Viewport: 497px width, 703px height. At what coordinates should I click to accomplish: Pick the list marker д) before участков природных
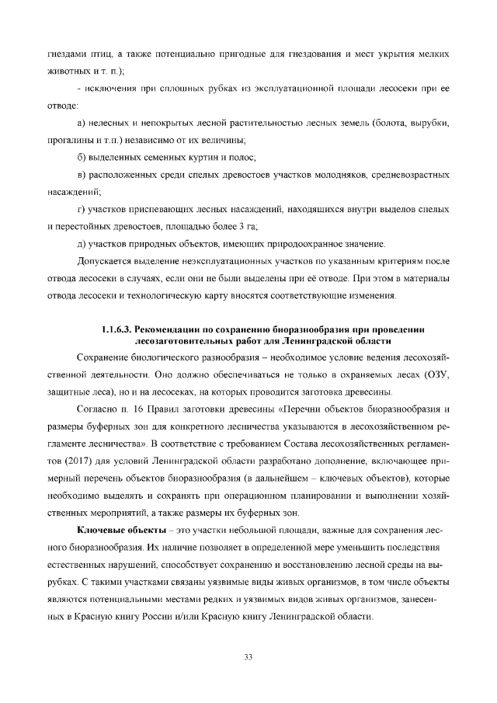pos(82,244)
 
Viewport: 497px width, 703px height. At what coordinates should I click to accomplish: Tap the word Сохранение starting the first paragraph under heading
pos(106,356)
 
